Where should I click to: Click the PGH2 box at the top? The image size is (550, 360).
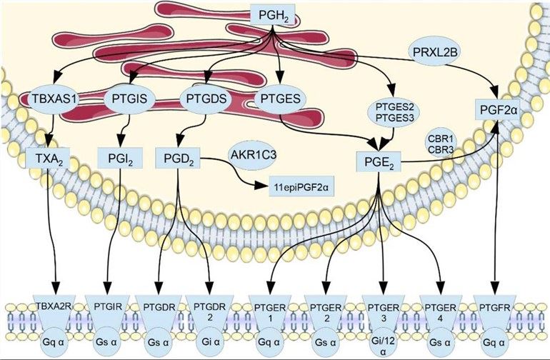click(276, 12)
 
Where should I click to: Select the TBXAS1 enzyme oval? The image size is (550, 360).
click(54, 98)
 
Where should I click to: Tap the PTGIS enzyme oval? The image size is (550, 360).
click(130, 98)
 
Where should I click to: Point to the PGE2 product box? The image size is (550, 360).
click(378, 161)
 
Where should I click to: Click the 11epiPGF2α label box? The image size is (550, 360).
click(293, 189)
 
